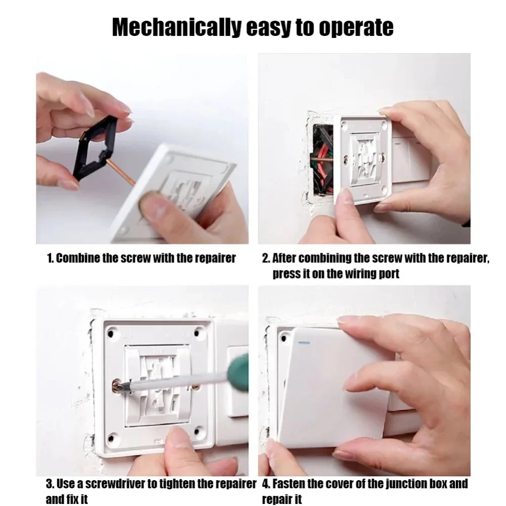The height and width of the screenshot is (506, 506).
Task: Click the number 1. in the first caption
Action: (x=50, y=258)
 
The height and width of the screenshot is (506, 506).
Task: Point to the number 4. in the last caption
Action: (x=267, y=484)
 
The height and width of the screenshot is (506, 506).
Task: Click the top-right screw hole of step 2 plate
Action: (x=386, y=123)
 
